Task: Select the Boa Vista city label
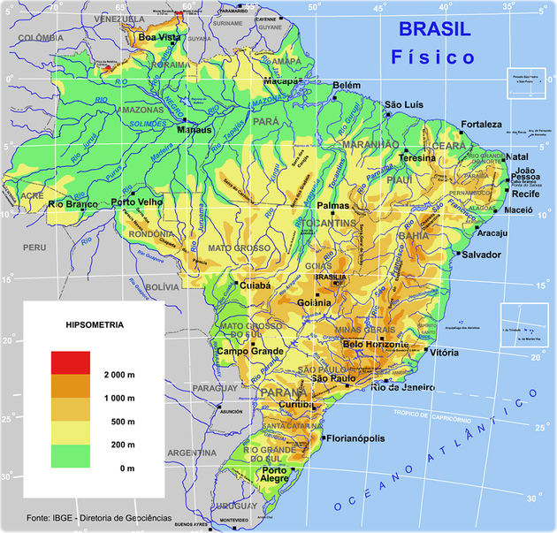pos(159,38)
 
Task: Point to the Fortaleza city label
pos(481,125)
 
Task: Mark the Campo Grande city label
pos(248,352)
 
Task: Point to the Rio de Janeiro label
pos(403,387)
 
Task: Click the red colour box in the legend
pos(71,362)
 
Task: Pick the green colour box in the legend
pos(71,455)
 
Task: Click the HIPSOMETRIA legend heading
pos(95,324)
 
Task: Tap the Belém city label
pos(347,85)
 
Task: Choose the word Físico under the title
pos(433,57)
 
